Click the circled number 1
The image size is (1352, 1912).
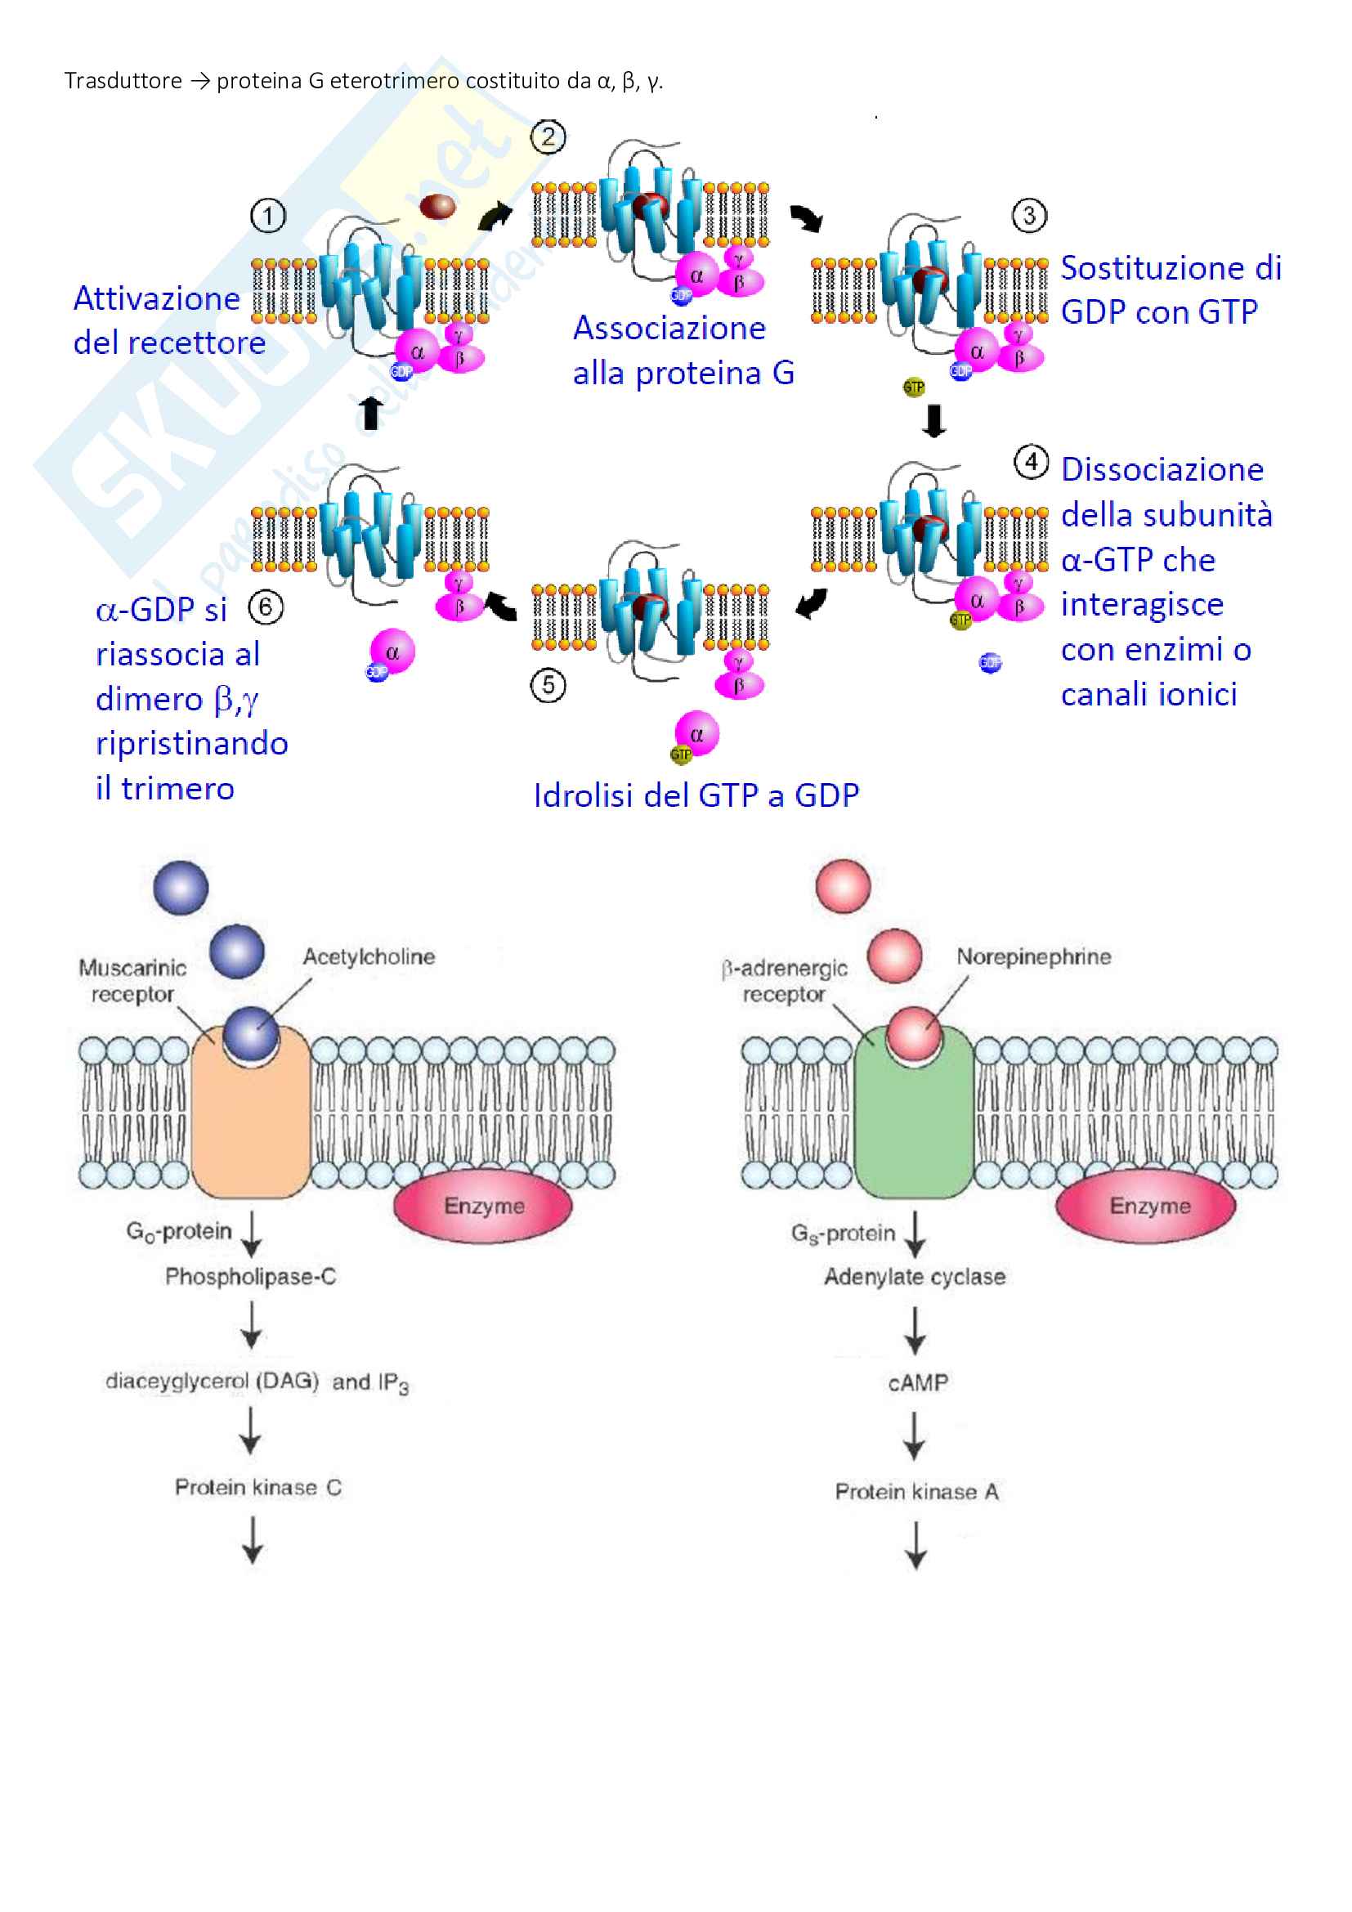(x=268, y=217)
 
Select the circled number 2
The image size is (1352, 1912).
(x=548, y=137)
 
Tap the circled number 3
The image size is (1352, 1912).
(x=1029, y=216)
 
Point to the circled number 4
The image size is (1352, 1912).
(x=1032, y=462)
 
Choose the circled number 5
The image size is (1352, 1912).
(x=548, y=685)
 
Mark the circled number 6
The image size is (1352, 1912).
(x=266, y=608)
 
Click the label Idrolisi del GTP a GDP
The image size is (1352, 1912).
(x=696, y=795)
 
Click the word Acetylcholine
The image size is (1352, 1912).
(x=368, y=957)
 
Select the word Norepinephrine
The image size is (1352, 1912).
(x=1033, y=957)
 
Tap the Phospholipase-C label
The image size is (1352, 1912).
(x=250, y=1277)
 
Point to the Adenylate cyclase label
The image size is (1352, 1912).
(x=914, y=1277)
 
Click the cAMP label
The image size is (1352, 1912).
(x=917, y=1383)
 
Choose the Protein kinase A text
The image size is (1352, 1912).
(x=916, y=1492)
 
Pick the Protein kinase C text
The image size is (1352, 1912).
(x=258, y=1487)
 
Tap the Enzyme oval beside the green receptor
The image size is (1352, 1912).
(x=1145, y=1206)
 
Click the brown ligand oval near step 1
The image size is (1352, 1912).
(x=437, y=206)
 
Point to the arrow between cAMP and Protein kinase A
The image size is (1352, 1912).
(x=914, y=1435)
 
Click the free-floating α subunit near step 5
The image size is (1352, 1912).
(x=696, y=733)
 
